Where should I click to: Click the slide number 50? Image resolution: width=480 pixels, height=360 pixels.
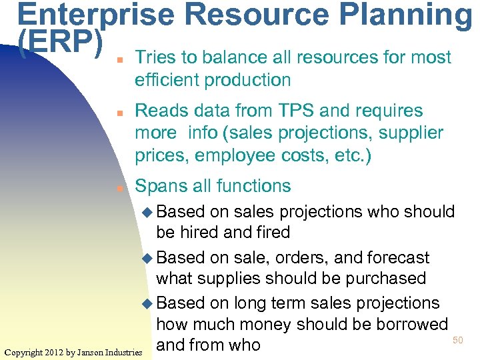click(457, 341)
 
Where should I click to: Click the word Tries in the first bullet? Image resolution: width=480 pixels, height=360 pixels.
click(155, 58)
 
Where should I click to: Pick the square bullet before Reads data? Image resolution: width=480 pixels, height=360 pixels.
click(118, 112)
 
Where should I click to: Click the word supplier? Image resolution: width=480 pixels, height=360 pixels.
click(411, 133)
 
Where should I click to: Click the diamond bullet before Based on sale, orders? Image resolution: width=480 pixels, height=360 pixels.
click(148, 258)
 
